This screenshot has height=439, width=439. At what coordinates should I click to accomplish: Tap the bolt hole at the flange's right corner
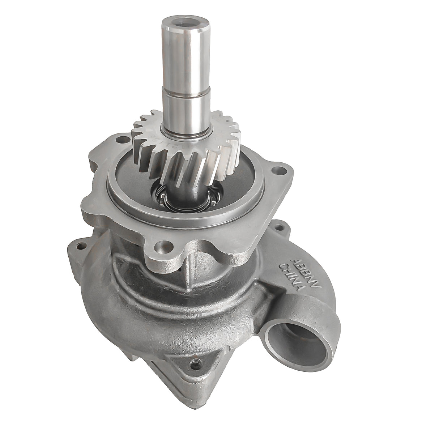click(x=278, y=169)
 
